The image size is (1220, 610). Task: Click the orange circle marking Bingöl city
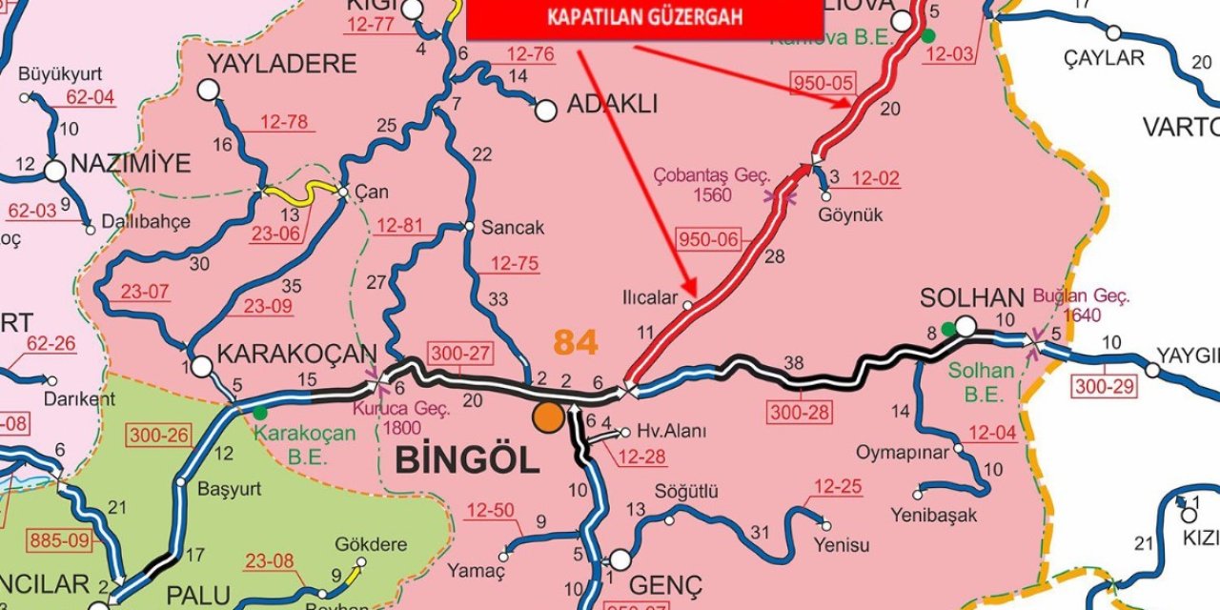[x=548, y=417]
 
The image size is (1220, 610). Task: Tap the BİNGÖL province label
[x=466, y=460]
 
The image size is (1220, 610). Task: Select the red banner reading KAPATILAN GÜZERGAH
[x=644, y=18]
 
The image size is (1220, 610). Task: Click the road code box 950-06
[x=709, y=239]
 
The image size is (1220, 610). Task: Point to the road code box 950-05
[x=823, y=83]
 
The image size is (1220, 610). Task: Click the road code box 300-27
[x=460, y=354]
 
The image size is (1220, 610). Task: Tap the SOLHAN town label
[x=971, y=298]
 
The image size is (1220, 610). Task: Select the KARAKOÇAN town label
[x=297, y=354]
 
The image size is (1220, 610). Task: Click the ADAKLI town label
[x=613, y=105]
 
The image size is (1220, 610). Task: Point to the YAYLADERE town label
[x=282, y=64]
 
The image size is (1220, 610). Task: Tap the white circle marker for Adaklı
[x=545, y=111]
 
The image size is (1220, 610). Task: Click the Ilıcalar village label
[x=650, y=296]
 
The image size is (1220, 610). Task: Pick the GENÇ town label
[x=667, y=584]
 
